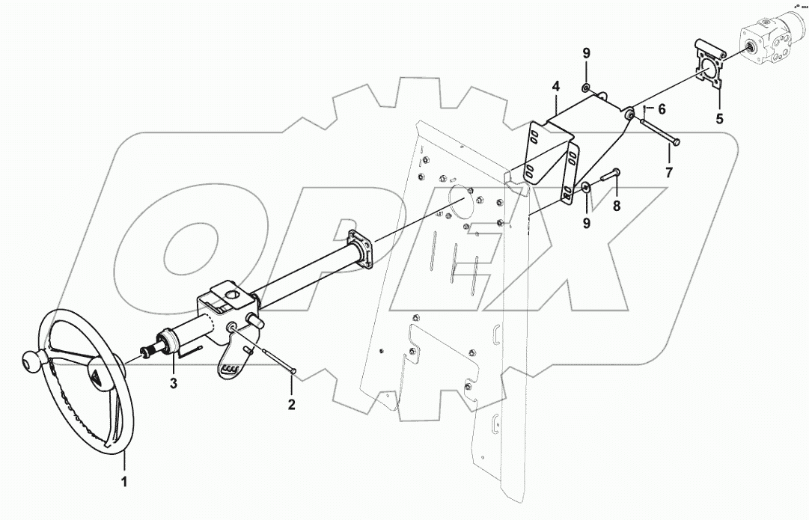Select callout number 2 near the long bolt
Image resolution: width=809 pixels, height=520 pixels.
pos(292,405)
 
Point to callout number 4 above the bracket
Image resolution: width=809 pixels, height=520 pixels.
pos(556,88)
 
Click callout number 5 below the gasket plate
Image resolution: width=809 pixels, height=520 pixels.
pos(720,117)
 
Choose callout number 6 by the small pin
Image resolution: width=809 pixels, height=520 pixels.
pos(662,108)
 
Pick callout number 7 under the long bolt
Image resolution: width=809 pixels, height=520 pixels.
pos(668,172)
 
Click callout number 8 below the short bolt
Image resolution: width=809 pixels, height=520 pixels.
pos(617,205)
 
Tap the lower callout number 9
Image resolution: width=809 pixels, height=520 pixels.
pos(587,223)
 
